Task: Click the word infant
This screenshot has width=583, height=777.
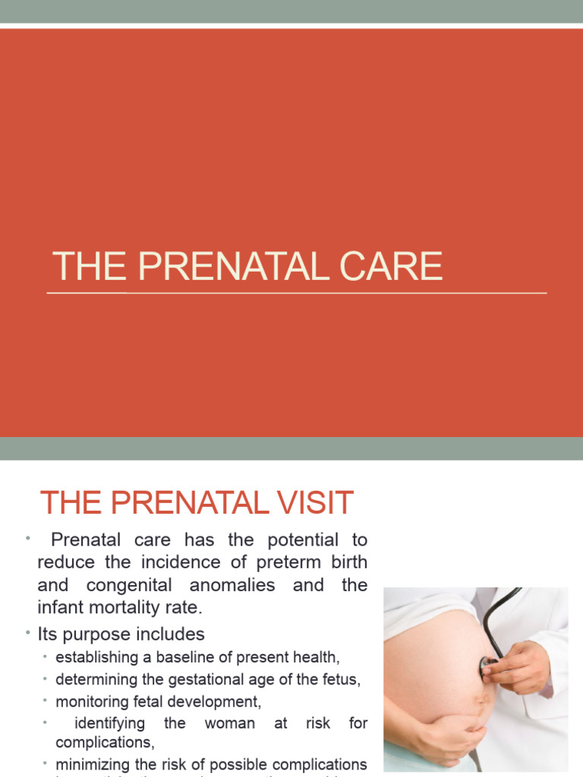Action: pyautogui.click(x=60, y=608)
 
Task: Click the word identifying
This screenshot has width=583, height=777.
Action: pyautogui.click(x=109, y=724)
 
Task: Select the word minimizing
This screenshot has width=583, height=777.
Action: pyautogui.click(x=90, y=764)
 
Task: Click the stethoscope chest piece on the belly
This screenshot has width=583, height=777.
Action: pyautogui.click(x=488, y=665)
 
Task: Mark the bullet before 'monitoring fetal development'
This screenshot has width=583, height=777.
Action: pyautogui.click(x=46, y=702)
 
